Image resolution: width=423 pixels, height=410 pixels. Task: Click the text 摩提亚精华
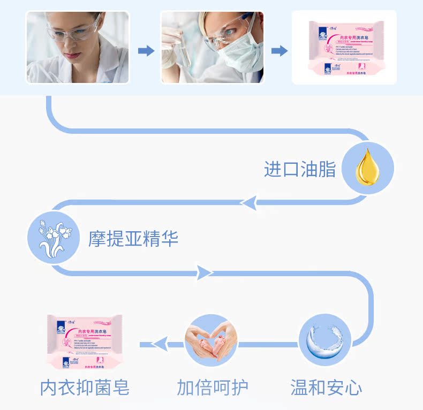(133, 239)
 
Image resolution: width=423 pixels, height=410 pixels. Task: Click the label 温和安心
(326, 387)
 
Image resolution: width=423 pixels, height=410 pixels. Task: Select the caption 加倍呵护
(213, 387)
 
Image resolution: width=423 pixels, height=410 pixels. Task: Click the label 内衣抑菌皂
(84, 387)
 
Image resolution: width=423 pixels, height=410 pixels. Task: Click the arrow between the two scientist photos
(146, 51)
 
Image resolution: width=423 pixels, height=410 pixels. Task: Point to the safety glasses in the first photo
(72, 31)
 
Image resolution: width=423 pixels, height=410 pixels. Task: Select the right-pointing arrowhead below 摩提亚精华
(203, 272)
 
